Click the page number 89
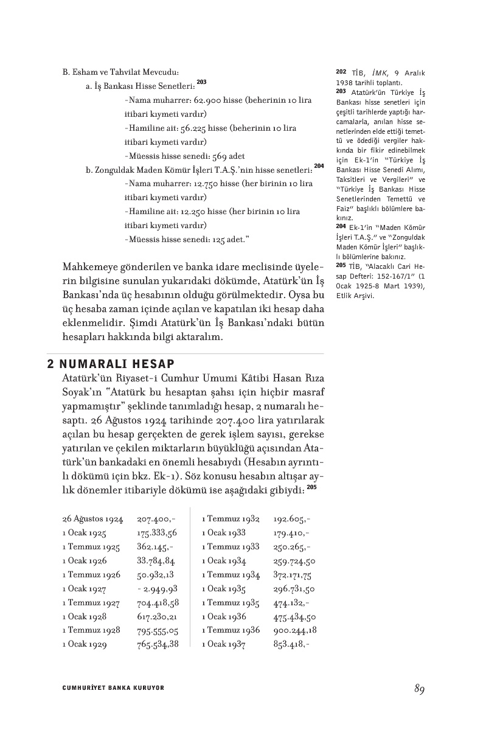(418, 689)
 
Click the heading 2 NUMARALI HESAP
(111, 364)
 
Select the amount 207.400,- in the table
(156, 520)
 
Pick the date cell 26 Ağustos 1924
(92, 520)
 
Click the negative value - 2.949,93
(158, 589)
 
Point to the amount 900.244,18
(295, 630)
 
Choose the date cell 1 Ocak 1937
(224, 644)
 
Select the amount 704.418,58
(158, 603)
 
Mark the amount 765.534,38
(158, 644)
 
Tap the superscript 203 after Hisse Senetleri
(201, 82)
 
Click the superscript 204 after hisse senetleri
(319, 165)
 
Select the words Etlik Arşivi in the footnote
(355, 296)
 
